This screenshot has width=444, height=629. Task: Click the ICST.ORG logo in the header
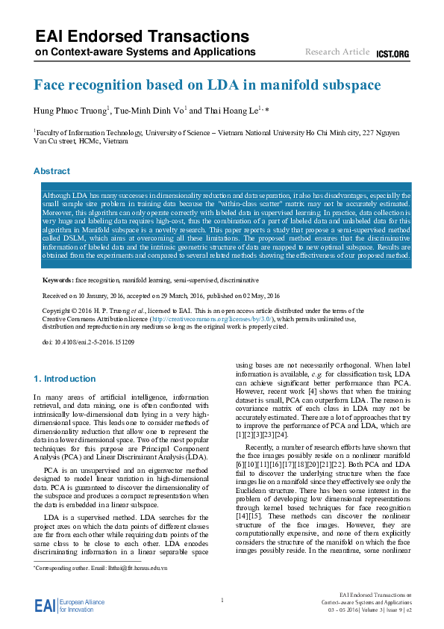point(393,54)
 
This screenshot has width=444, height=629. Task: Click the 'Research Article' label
point(337,52)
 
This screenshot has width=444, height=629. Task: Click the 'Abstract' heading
point(51,171)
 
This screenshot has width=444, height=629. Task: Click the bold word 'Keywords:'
point(57,280)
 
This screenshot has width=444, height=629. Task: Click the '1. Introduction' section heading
point(64,379)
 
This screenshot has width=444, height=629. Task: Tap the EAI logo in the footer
point(45,605)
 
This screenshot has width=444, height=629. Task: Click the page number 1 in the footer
point(222,601)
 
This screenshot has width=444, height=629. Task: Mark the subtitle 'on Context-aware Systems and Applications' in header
point(137,54)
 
